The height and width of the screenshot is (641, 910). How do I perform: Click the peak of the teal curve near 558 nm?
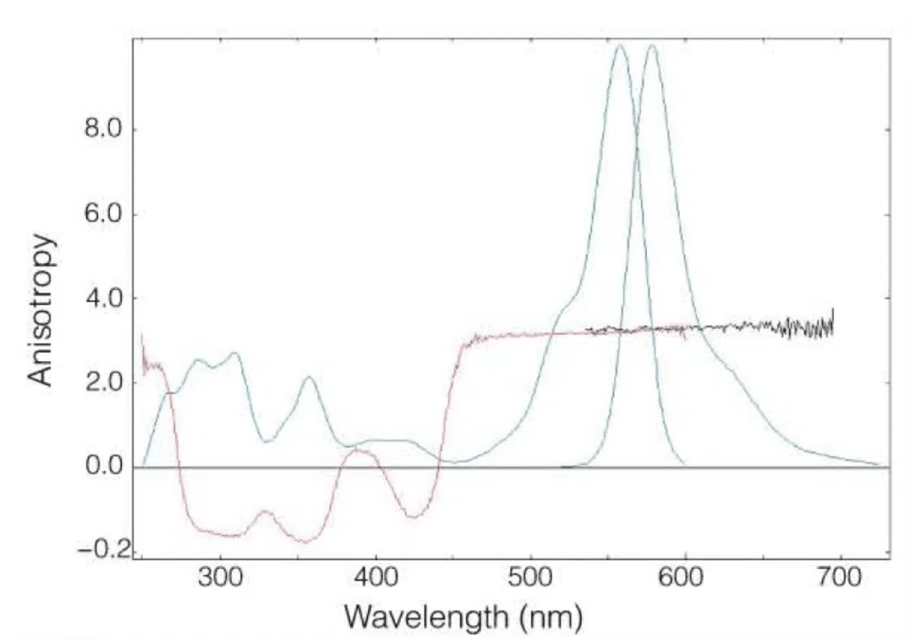620,45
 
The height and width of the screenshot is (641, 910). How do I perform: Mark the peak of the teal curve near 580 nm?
652,45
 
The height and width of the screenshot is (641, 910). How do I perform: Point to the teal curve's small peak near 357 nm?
308,378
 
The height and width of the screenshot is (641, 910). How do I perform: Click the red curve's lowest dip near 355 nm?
306,541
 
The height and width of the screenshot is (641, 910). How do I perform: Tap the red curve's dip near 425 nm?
413,517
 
